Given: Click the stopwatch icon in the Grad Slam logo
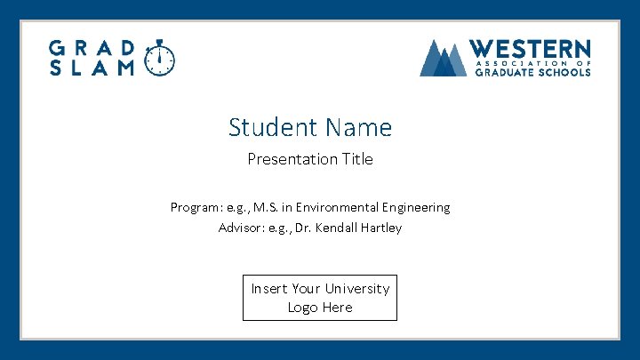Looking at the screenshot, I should click(160, 59).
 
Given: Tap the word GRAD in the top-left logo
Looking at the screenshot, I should click(92, 48).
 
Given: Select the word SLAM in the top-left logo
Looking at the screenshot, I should click(92, 68).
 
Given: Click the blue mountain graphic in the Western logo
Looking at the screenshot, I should click(443, 59).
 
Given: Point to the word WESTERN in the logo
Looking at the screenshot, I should click(529, 49).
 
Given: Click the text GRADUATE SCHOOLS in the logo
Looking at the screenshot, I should click(532, 73).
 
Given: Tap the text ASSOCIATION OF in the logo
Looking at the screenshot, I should click(532, 63).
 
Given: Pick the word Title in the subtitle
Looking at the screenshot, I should click(356, 160).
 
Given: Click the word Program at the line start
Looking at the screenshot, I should click(195, 207).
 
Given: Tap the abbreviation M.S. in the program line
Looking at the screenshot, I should click(265, 207).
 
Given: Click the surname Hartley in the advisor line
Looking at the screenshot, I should click(381, 228).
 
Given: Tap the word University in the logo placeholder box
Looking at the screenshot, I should click(356, 289).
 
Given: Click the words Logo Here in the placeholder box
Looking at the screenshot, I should click(320, 308).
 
